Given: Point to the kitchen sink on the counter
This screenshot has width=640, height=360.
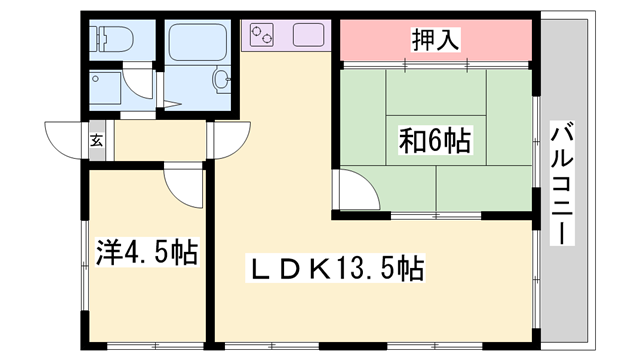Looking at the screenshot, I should coord(306,36).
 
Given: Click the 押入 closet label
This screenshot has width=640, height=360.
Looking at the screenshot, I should coord(434,41).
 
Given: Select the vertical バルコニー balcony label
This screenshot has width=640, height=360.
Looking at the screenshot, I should coord(562,184).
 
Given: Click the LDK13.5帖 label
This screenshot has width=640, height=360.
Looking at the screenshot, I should coord(336,268).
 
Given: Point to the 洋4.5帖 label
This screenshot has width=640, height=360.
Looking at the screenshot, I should coord(146,252).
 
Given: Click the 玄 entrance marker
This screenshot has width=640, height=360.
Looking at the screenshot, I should coord(97,140).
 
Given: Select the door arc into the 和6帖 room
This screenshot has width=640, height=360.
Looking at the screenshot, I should coord(352,189).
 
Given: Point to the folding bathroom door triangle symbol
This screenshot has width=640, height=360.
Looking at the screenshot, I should coord(171,103).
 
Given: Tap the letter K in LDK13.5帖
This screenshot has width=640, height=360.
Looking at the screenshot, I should coord(319,268).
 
